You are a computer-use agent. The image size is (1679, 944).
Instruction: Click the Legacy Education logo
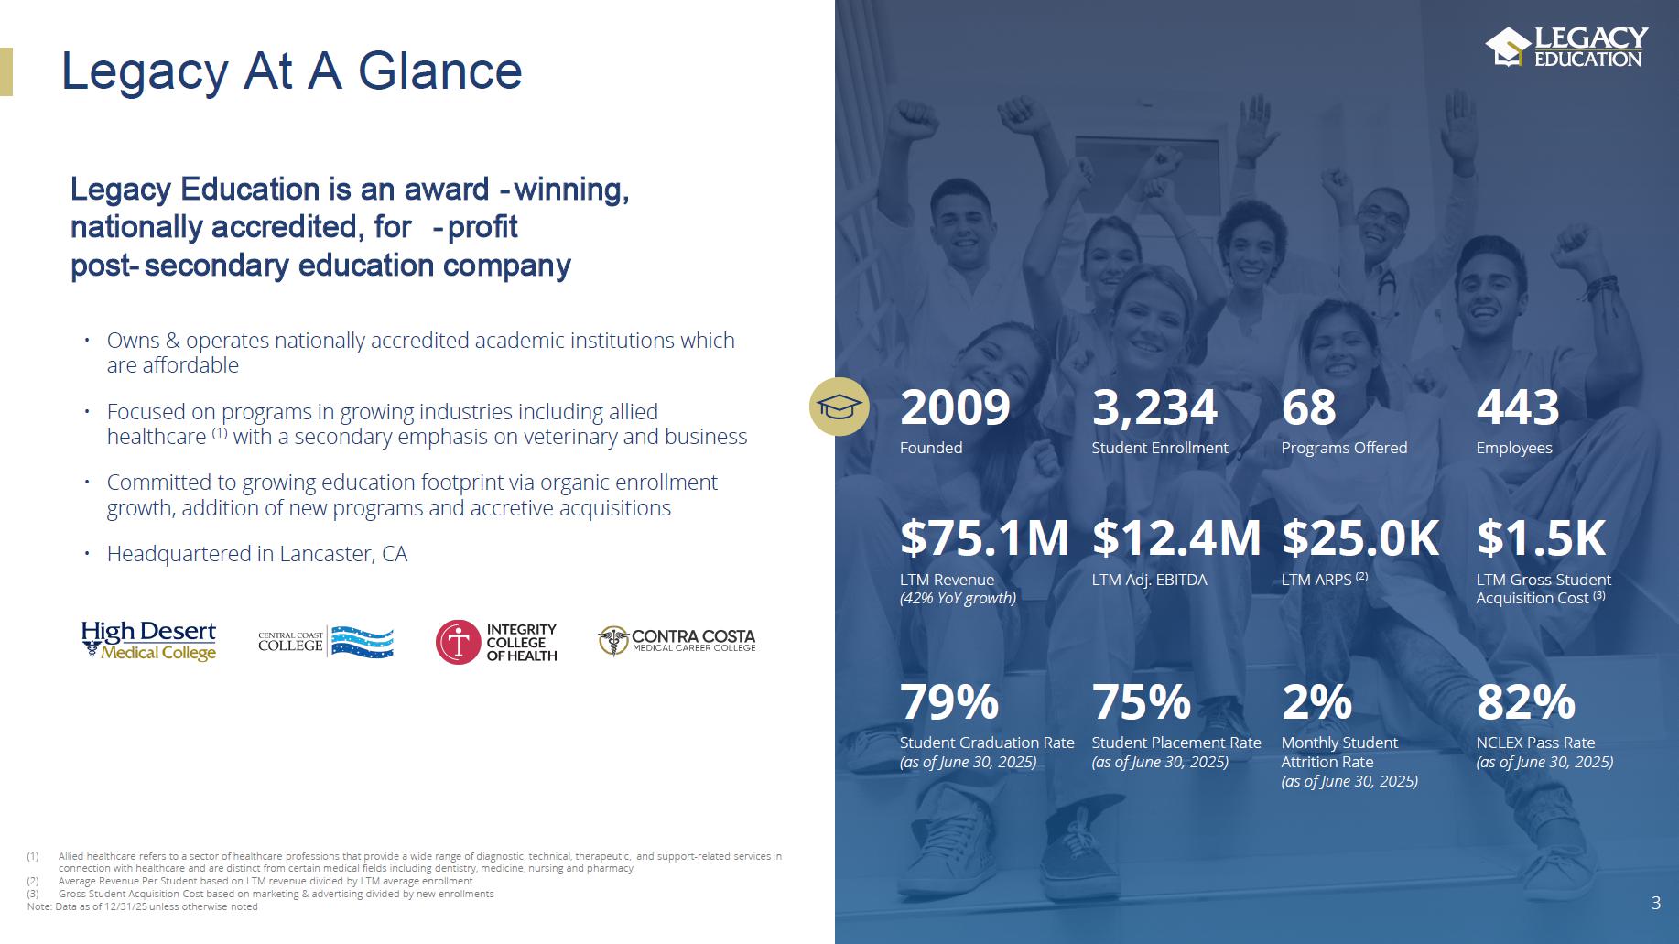(1566, 47)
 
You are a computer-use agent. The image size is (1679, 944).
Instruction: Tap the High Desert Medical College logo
(148, 640)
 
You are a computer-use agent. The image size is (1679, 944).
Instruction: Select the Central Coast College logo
(326, 642)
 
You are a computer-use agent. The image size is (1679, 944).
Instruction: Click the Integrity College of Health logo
(496, 642)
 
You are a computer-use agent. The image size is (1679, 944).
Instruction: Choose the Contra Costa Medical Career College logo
(677, 641)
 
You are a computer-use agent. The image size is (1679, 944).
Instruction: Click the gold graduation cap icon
(839, 407)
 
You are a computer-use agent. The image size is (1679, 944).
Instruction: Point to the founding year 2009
(955, 407)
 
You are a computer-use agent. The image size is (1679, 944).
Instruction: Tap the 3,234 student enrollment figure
(1154, 408)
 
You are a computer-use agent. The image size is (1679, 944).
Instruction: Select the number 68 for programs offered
(1308, 407)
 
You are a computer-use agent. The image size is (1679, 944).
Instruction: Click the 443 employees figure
(1518, 407)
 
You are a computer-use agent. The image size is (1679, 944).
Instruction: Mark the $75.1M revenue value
(984, 537)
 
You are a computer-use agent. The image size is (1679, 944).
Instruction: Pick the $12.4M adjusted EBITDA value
(1176, 537)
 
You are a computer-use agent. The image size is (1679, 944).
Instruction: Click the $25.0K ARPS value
(1360, 537)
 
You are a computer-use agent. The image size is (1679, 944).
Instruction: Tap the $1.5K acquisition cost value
(1541, 537)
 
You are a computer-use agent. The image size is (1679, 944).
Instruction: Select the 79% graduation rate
(949, 702)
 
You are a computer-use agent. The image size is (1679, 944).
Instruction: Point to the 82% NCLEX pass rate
(1526, 702)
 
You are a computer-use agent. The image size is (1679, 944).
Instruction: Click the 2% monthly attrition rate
(1316, 702)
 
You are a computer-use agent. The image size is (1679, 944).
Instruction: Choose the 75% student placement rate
(1142, 702)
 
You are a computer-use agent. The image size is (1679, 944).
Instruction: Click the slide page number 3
(1655, 903)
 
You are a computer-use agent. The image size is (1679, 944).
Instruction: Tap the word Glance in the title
(439, 71)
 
